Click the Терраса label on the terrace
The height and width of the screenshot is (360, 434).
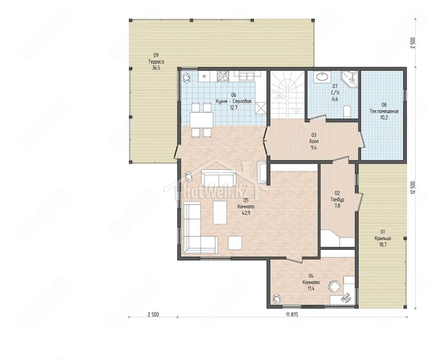coord(156,62)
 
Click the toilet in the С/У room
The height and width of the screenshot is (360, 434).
coord(347,112)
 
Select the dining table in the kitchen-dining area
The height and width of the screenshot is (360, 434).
coord(201,120)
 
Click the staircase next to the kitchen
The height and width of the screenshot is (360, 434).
coord(287,94)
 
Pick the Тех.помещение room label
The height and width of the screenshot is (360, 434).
coord(384,112)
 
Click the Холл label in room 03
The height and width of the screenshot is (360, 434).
coord(314,141)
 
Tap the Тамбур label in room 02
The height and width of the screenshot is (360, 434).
coord(337,199)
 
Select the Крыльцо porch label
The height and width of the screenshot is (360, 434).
coord(383,238)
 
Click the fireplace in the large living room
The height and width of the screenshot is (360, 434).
coord(262,172)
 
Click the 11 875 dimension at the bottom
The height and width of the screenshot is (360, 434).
coord(292,315)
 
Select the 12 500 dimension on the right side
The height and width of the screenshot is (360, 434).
coord(413,189)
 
